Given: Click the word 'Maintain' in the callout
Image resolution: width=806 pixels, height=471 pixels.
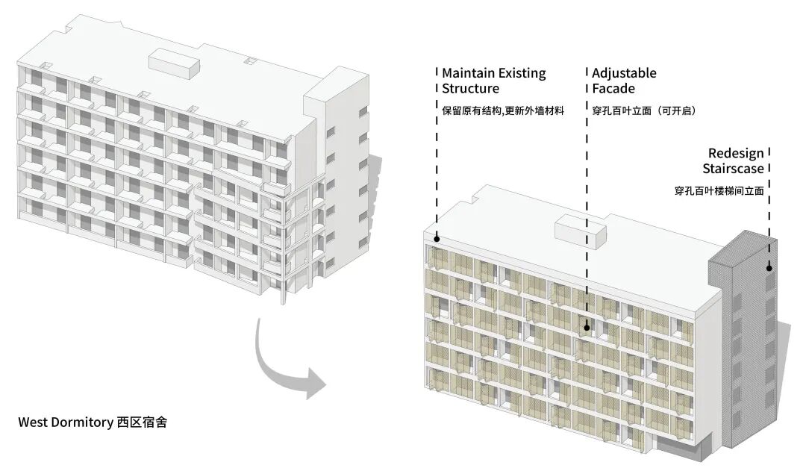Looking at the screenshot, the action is [467, 73].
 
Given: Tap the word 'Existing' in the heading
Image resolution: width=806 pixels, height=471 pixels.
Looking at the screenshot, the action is [521, 73].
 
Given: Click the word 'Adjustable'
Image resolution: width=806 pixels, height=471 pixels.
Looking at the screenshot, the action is [624, 73].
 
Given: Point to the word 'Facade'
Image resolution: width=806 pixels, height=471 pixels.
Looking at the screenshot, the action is [613, 89].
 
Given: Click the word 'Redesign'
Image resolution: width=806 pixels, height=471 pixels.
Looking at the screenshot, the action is [736, 153].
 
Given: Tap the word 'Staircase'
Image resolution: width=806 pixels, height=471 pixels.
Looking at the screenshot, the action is [733, 169].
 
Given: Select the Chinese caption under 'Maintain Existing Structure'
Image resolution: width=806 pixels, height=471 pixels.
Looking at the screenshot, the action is [502, 110].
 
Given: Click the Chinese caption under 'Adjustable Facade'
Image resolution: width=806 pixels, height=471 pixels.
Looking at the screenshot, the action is [643, 110].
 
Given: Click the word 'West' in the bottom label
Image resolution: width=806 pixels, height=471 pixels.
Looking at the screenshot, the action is [33, 422].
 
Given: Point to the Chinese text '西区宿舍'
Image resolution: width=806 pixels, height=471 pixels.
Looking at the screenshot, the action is [142, 422].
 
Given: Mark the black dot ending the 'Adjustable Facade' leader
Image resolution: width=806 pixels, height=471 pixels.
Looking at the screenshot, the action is [587, 326].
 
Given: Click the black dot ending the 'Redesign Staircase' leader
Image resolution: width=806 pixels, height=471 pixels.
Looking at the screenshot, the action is [769, 267].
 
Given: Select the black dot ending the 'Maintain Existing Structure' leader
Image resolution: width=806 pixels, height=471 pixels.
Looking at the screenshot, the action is [437, 240].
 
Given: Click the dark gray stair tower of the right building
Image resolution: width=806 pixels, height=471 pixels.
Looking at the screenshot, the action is [743, 336].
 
